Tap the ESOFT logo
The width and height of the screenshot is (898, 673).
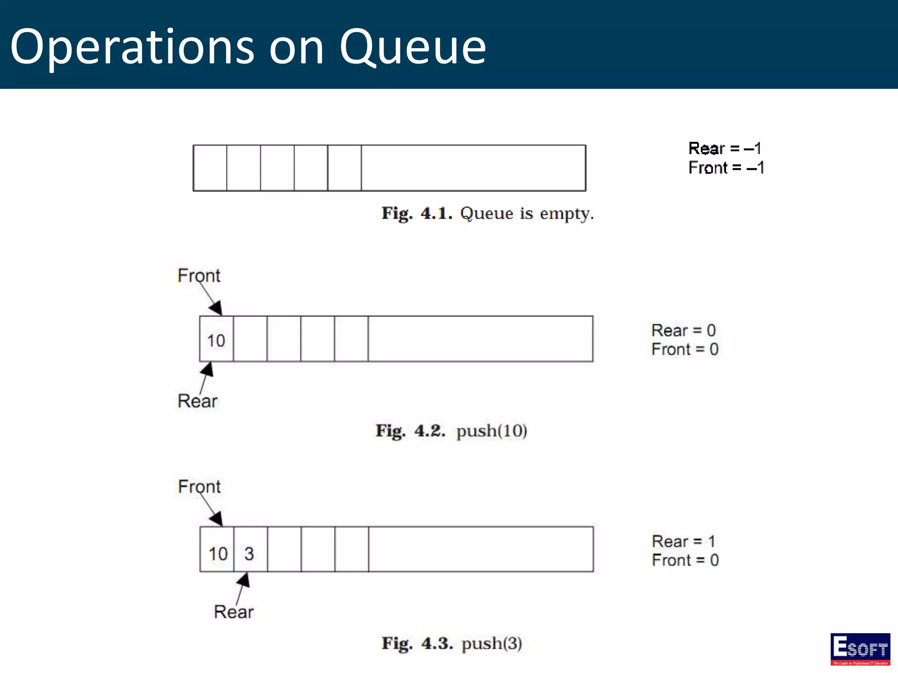(x=860, y=648)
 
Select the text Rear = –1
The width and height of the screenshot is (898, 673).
(x=724, y=149)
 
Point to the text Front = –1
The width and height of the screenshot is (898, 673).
(x=726, y=168)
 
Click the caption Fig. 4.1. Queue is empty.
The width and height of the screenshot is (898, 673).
(x=488, y=214)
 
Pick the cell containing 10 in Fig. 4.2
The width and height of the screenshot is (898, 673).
(x=216, y=339)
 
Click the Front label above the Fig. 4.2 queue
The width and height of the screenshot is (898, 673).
(x=199, y=276)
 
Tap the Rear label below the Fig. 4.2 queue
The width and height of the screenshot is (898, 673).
(x=197, y=401)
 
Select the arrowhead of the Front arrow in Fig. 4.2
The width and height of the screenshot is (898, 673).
(x=216, y=308)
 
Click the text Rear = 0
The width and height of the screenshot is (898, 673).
(x=683, y=330)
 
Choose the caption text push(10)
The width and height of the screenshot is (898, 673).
(x=492, y=431)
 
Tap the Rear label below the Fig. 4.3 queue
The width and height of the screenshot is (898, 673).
(x=234, y=612)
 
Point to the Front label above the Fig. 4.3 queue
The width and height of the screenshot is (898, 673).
(x=199, y=487)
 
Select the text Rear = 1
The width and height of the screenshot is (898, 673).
(x=683, y=542)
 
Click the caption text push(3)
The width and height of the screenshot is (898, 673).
(x=492, y=644)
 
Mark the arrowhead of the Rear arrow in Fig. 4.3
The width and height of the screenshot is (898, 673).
(x=244, y=580)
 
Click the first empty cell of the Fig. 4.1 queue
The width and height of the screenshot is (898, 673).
(x=210, y=168)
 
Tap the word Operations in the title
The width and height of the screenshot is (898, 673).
(x=132, y=47)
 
